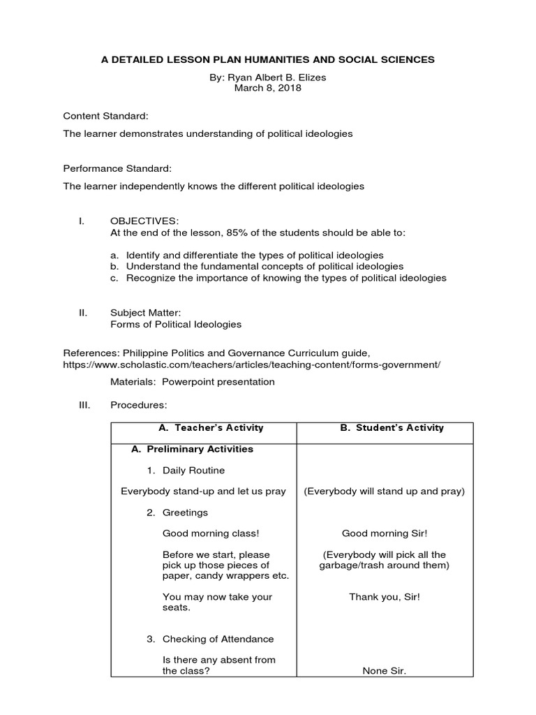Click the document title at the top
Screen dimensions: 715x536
(268, 60)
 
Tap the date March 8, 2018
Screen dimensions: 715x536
(268, 88)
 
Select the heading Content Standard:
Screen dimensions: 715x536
(105, 115)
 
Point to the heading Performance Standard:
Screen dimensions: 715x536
(117, 168)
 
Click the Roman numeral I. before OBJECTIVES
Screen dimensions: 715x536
(82, 221)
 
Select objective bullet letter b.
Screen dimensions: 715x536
(114, 267)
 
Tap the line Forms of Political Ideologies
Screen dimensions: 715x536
(176, 324)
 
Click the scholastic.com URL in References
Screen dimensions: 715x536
(252, 364)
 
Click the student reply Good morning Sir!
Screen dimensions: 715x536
(384, 533)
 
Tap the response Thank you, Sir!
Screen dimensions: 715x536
(385, 597)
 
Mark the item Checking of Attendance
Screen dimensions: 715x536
(218, 639)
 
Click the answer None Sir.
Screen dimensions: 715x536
(384, 671)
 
